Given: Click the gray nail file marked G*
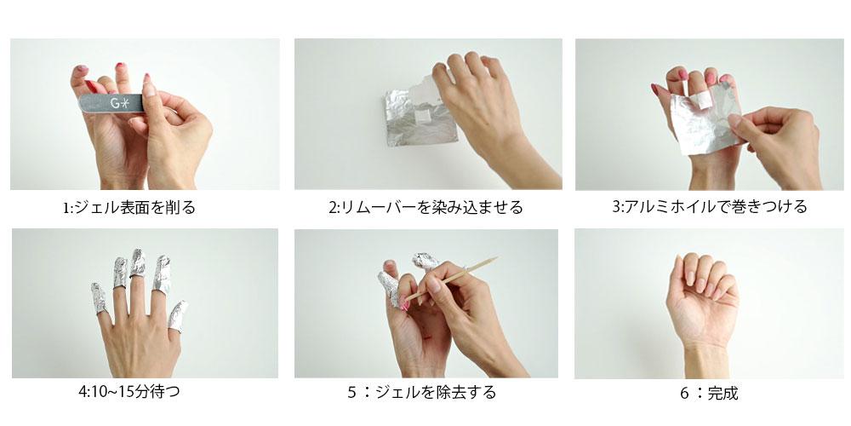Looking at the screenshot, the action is point(111,103).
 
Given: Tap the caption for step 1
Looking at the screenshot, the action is point(129,208).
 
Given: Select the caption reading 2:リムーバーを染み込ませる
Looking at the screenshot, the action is point(425,207).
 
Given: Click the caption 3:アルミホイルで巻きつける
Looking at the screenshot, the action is point(710,206).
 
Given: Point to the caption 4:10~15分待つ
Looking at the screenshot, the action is point(129,391).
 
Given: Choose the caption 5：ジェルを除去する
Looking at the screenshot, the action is point(422,392).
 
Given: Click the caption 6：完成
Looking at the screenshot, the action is point(709,393).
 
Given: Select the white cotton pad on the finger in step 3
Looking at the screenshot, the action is point(705,98).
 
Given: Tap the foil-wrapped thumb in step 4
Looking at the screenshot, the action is point(178,316).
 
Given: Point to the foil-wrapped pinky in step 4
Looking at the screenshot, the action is point(98,298).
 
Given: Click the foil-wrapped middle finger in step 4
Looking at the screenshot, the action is point(137,263).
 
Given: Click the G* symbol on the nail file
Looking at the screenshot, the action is point(120,103).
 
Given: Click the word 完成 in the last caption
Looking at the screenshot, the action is point(722,393).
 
